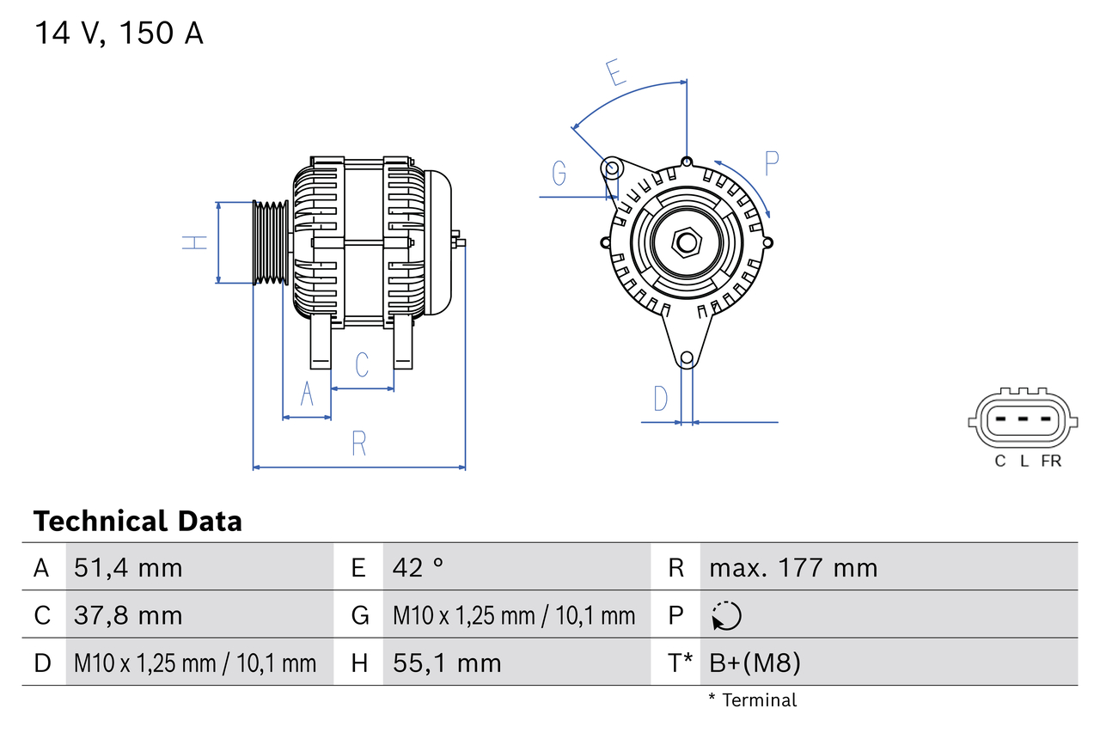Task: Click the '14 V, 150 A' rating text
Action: click(119, 34)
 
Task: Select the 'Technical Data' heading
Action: click(137, 521)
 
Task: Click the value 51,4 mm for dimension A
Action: click(128, 567)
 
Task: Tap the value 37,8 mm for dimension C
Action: click(128, 615)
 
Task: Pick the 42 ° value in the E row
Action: click(419, 567)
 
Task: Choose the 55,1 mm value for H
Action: click(447, 663)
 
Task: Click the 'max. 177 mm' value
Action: click(793, 567)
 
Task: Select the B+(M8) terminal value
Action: click(755, 663)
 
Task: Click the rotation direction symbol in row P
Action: click(726, 615)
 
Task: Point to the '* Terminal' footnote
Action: click(753, 699)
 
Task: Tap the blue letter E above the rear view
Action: click(615, 73)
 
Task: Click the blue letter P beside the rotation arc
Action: click(771, 162)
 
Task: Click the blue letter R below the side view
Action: click(359, 443)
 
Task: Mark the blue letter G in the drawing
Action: click(559, 173)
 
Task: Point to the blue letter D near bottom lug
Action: click(660, 399)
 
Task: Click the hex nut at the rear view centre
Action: click(686, 241)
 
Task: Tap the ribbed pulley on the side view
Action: click(271, 242)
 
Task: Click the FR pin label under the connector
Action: click(1051, 461)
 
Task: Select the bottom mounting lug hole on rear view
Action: click(687, 358)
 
